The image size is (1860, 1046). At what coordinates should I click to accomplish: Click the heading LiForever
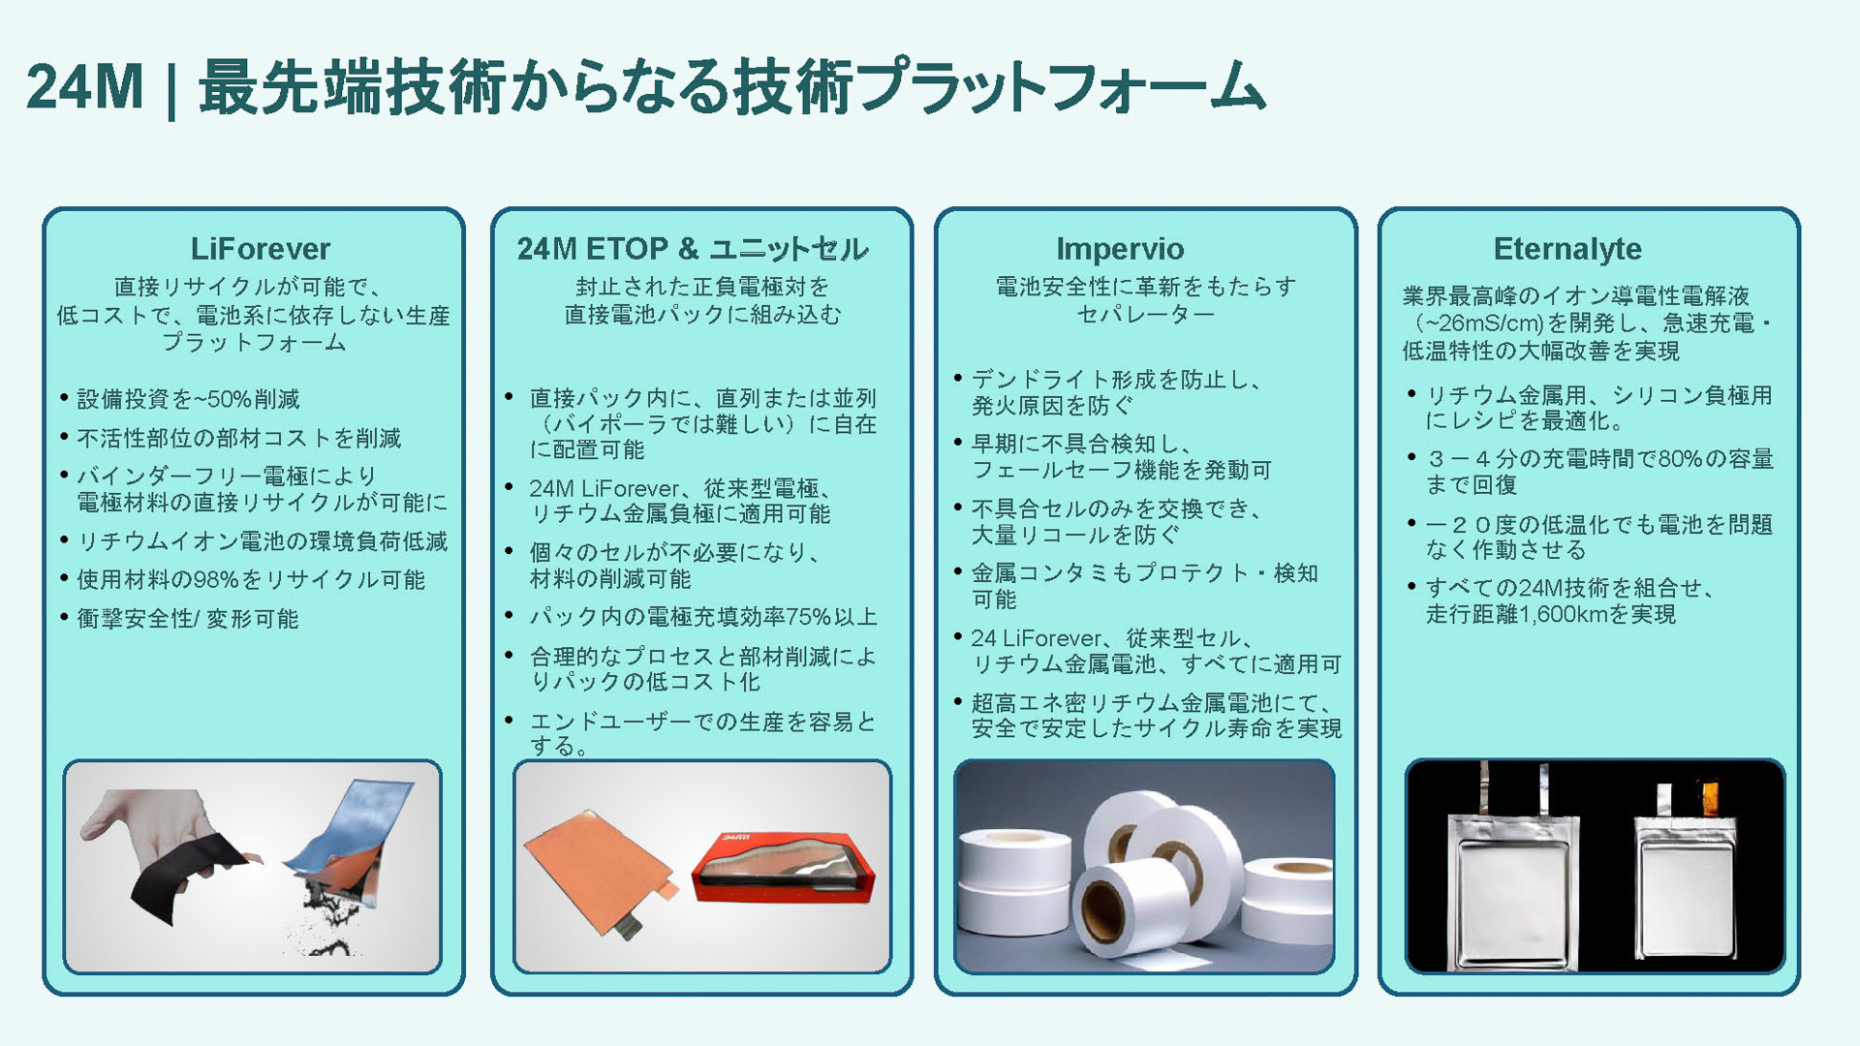(260, 249)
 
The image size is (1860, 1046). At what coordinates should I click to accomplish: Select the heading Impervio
(1120, 249)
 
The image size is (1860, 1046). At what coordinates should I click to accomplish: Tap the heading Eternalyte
(1567, 249)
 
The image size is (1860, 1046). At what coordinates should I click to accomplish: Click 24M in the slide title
(84, 87)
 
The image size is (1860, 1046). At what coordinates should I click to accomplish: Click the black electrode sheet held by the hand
(184, 877)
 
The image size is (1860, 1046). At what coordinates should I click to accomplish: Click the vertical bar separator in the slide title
(171, 89)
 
